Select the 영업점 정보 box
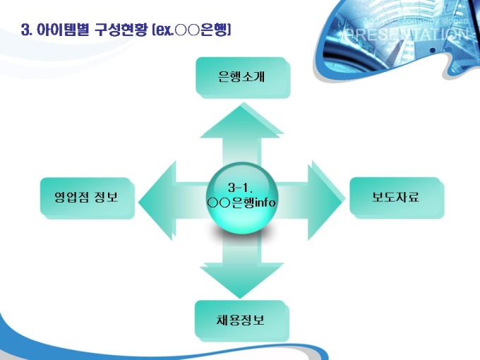tap(87, 197)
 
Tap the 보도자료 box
tap(396, 197)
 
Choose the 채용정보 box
tap(241, 320)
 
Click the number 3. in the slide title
tap(28, 30)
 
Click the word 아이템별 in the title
tap(64, 30)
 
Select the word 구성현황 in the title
tap(118, 30)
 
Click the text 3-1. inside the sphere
tap(241, 188)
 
